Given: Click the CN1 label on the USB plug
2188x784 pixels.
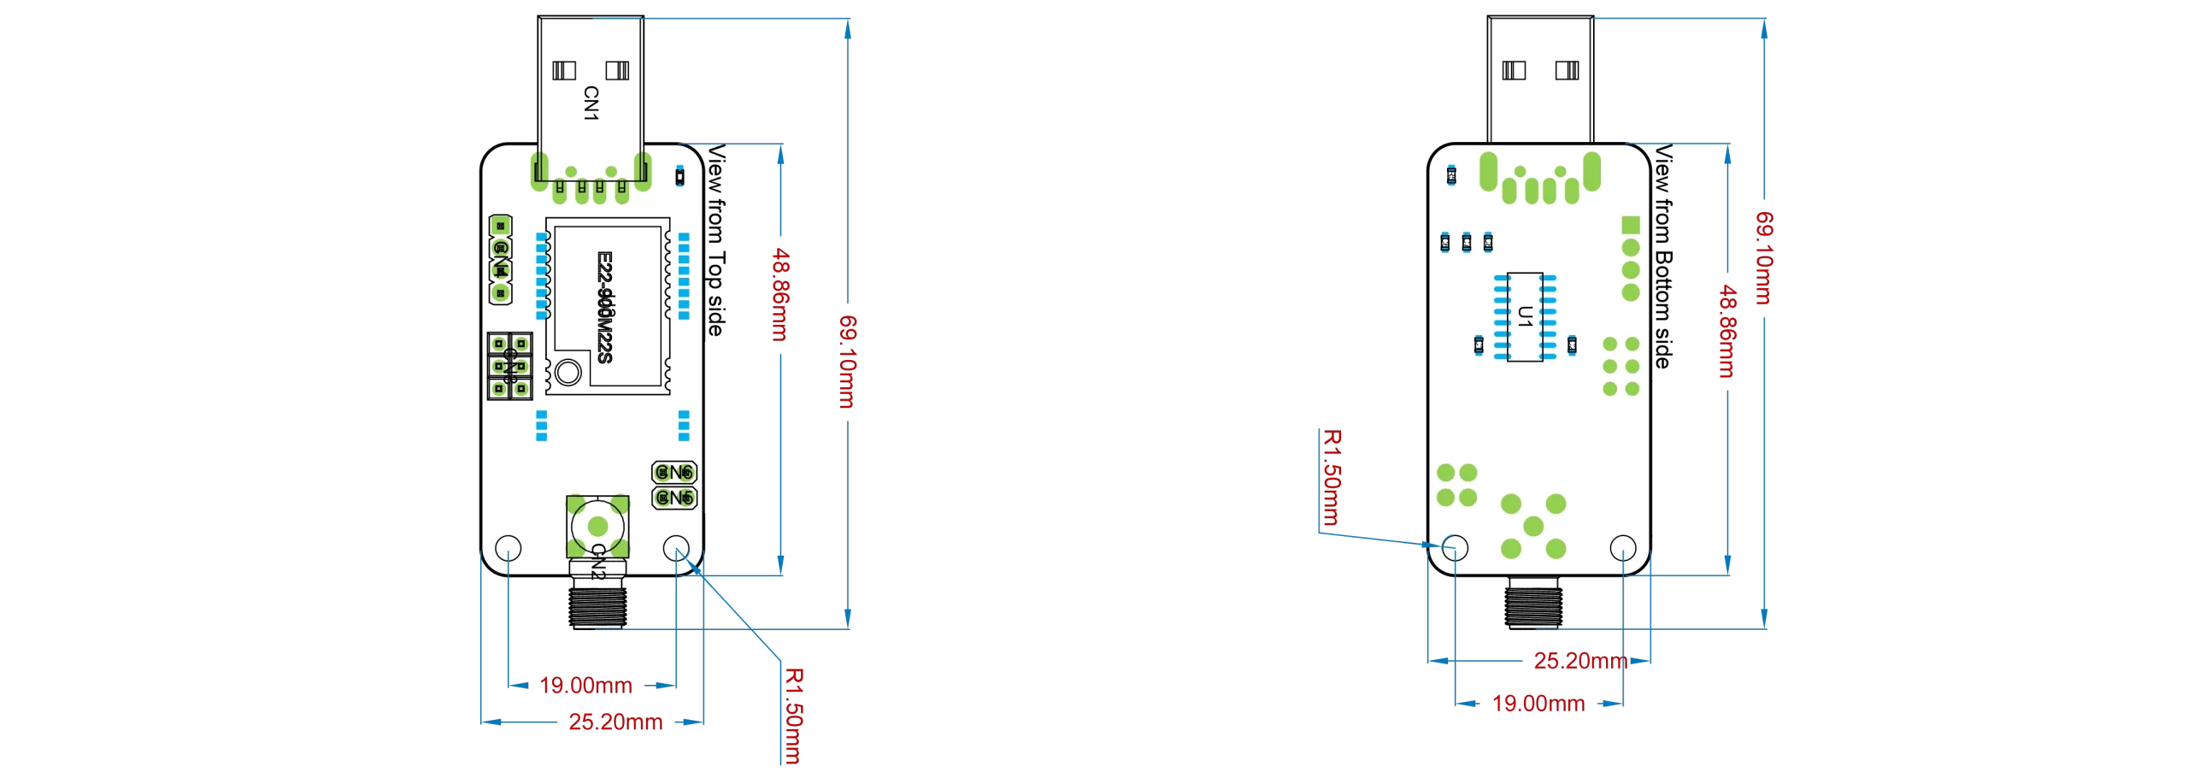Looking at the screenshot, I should point(591,103).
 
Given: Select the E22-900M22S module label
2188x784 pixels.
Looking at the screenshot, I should point(605,306).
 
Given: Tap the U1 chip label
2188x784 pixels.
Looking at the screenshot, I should point(1526,317).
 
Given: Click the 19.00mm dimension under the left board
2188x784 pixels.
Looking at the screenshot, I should point(585,686).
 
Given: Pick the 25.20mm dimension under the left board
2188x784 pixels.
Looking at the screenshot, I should point(615,722).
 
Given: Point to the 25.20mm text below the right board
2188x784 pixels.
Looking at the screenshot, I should point(1579,661).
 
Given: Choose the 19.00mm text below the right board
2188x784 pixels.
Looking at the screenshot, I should point(1538,704).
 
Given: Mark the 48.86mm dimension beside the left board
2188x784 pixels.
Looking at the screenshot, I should point(780,294).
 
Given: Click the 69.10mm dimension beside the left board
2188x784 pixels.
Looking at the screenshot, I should point(847,361).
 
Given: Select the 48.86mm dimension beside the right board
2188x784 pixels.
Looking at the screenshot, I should point(1727,332).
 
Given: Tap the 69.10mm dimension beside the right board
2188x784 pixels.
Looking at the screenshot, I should point(1764,257).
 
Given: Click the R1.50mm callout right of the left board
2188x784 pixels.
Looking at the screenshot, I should point(793,716).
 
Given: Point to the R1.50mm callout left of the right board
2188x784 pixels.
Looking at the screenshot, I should point(1331,477).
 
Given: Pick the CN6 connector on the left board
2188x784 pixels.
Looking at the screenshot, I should point(674,472).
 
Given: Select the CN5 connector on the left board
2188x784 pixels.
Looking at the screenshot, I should point(674,497).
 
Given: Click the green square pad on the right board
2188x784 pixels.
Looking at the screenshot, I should point(1631,225).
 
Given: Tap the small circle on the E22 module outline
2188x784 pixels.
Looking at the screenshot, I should point(568,373).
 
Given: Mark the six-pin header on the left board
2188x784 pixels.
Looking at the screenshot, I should point(509,366).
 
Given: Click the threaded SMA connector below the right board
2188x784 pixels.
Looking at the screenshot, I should point(1534,602).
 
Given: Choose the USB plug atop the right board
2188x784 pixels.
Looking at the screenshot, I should point(1540,79).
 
